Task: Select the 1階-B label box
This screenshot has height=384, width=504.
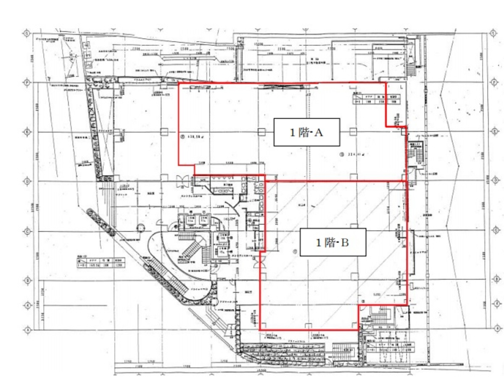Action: (x=332, y=242)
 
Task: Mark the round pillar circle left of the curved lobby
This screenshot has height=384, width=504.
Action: (x=140, y=228)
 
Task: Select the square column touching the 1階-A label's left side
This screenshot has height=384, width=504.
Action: (x=261, y=132)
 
